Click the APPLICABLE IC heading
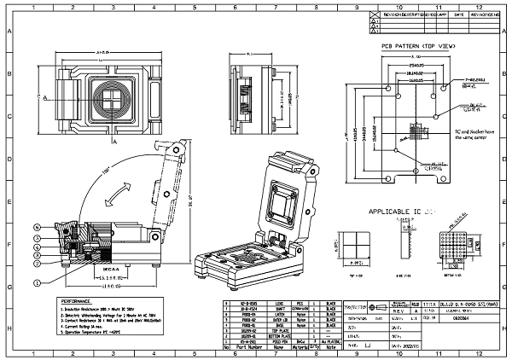click(401, 211)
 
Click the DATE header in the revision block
click(458, 15)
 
